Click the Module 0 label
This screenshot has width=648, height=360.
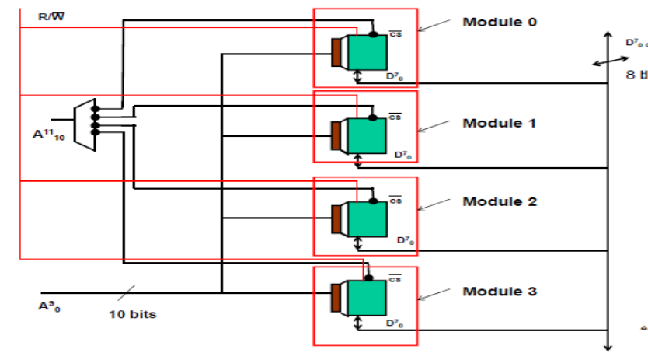(499, 22)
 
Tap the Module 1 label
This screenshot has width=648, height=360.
(499, 123)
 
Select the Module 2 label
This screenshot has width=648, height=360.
(499, 201)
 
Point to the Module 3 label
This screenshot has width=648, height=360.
(499, 292)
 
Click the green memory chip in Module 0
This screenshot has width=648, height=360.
(367, 53)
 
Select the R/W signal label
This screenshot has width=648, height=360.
(52, 16)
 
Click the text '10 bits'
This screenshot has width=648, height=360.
(132, 314)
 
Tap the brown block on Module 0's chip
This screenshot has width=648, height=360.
(337, 53)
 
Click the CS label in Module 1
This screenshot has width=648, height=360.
(395, 117)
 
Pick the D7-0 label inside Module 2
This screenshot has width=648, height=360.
(405, 240)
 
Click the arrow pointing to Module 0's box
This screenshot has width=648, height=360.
(434, 25)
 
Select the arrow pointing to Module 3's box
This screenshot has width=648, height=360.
(434, 295)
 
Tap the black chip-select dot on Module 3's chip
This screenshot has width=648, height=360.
(368, 278)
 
